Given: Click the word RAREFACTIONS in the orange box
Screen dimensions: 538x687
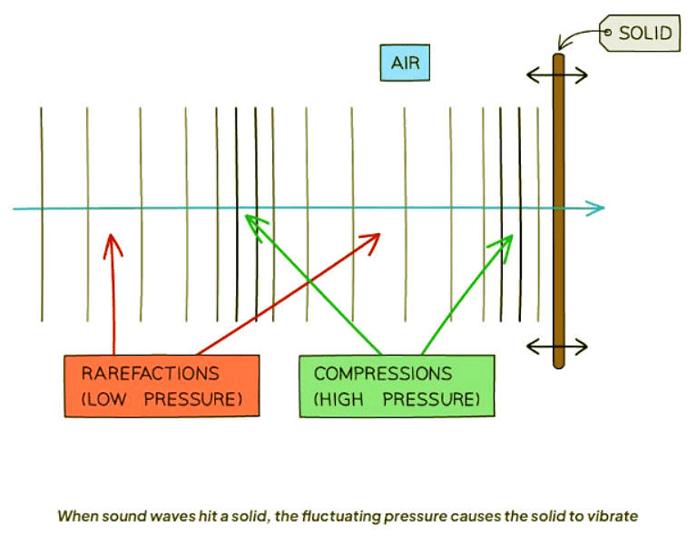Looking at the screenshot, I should [x=150, y=374].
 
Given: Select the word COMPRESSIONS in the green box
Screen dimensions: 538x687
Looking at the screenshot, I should [x=383, y=374].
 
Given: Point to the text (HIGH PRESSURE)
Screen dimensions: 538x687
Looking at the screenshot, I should [x=396, y=398].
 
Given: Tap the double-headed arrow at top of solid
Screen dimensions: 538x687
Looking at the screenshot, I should [x=558, y=75].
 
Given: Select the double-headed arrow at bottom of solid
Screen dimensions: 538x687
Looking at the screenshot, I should [x=558, y=346].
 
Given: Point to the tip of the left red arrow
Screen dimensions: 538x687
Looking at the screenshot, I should [x=113, y=236].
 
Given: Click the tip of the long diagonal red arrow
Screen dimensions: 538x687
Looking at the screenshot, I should [x=378, y=235].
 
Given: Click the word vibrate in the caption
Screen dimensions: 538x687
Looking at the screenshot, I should [x=616, y=516].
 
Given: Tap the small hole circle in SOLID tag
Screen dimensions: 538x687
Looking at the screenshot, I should [x=607, y=33].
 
